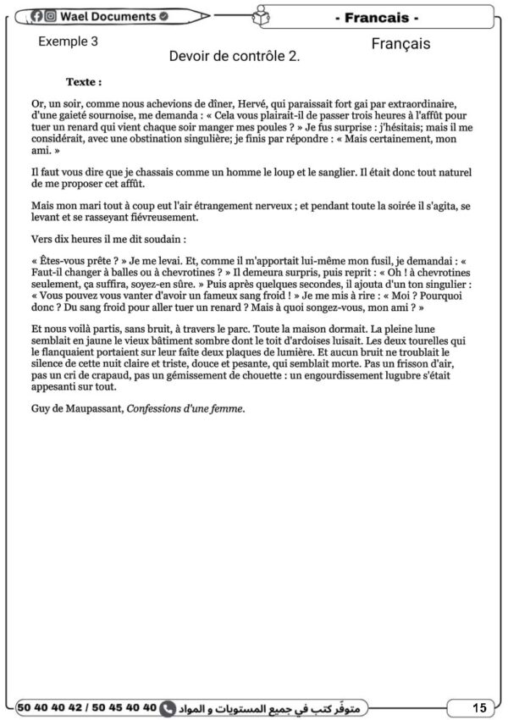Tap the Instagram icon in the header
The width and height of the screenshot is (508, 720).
coord(51,16)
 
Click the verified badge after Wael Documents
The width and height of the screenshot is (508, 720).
coord(163,16)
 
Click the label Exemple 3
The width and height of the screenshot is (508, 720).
coord(69,41)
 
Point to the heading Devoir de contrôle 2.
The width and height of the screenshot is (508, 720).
coord(235,57)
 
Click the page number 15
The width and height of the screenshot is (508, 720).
coord(479,707)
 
